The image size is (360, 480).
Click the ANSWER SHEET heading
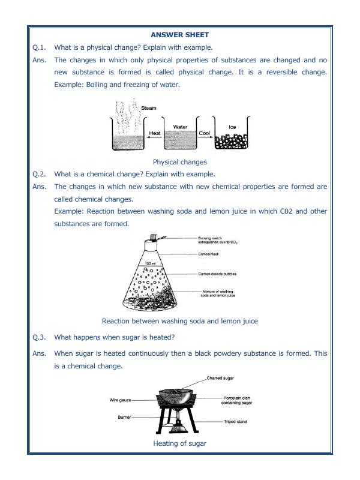pos(179,35)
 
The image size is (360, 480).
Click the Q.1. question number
pos(40,47)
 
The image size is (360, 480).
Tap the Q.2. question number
pos(40,174)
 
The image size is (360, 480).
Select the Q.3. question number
pos(40,337)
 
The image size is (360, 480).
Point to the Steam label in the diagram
pos(148,108)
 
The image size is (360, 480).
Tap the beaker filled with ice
pos(232,139)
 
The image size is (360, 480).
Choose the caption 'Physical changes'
pos(179,162)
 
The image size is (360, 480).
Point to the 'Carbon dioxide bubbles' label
pos(217,274)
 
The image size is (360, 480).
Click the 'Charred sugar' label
pos(220,379)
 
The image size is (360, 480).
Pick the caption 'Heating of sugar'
pos(179,443)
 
